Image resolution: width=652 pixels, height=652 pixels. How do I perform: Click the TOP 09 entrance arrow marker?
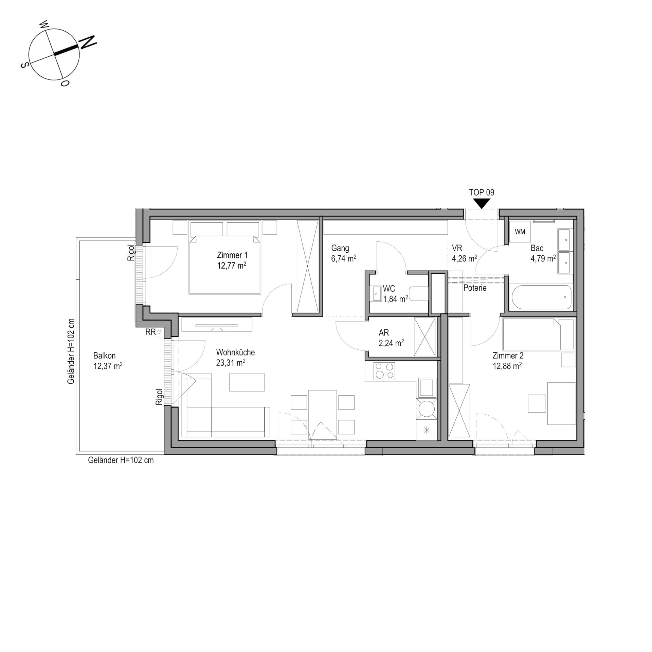pyautogui.click(x=482, y=203)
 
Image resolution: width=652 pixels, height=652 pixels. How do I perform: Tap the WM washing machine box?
pyautogui.click(x=520, y=232)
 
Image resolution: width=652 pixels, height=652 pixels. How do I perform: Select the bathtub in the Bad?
pyautogui.click(x=541, y=297)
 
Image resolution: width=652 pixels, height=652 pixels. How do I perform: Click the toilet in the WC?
pyautogui.click(x=419, y=294)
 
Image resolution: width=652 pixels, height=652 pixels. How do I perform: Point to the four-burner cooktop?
pyautogui.click(x=384, y=371)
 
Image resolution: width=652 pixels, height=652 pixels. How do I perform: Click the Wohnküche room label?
pyautogui.click(x=235, y=352)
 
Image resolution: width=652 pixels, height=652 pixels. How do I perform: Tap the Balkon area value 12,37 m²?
pyautogui.click(x=108, y=366)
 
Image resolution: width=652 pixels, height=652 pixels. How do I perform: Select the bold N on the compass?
pyautogui.click(x=88, y=42)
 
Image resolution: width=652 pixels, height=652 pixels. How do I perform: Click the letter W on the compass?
pyautogui.click(x=44, y=24)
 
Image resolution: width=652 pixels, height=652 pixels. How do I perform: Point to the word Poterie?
pyautogui.click(x=475, y=288)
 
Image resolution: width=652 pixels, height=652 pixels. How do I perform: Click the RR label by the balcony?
pyautogui.click(x=150, y=332)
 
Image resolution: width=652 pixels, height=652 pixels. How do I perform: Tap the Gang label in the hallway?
pyautogui.click(x=340, y=248)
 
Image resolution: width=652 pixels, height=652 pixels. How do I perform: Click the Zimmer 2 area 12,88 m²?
pyautogui.click(x=507, y=366)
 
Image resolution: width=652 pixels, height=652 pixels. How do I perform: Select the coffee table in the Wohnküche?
pyautogui.click(x=247, y=382)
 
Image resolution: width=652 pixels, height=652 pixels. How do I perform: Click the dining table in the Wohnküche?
pyautogui.click(x=323, y=415)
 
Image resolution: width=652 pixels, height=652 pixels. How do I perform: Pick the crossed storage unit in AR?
pyautogui.click(x=425, y=337)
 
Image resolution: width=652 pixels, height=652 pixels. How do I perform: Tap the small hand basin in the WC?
pyautogui.click(x=377, y=293)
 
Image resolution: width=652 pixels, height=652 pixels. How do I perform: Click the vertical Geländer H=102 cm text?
pyautogui.click(x=71, y=351)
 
